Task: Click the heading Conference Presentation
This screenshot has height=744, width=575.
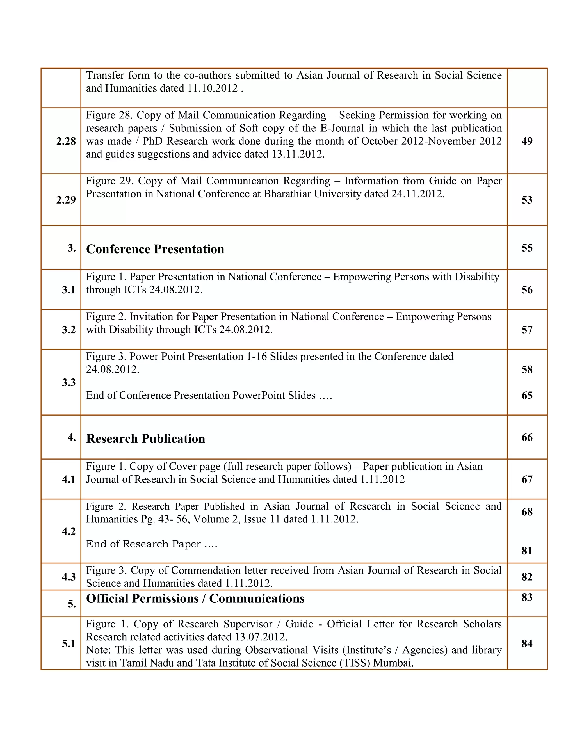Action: coord(155,249)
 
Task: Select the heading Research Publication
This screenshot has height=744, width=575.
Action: coord(145,439)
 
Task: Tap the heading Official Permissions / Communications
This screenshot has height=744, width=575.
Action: coord(195,599)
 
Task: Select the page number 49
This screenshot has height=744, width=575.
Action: coord(527,141)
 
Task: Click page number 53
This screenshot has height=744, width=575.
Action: coord(527,200)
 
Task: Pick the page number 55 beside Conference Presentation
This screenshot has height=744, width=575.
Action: coord(527,248)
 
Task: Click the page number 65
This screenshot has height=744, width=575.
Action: coord(527,396)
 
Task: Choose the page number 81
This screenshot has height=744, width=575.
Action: coord(527,551)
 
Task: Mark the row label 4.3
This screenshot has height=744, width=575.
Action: coord(69,577)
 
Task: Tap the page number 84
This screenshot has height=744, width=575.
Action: coord(527,643)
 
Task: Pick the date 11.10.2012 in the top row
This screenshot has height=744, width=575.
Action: coord(213,88)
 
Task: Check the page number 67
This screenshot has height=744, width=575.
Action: coord(527,479)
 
